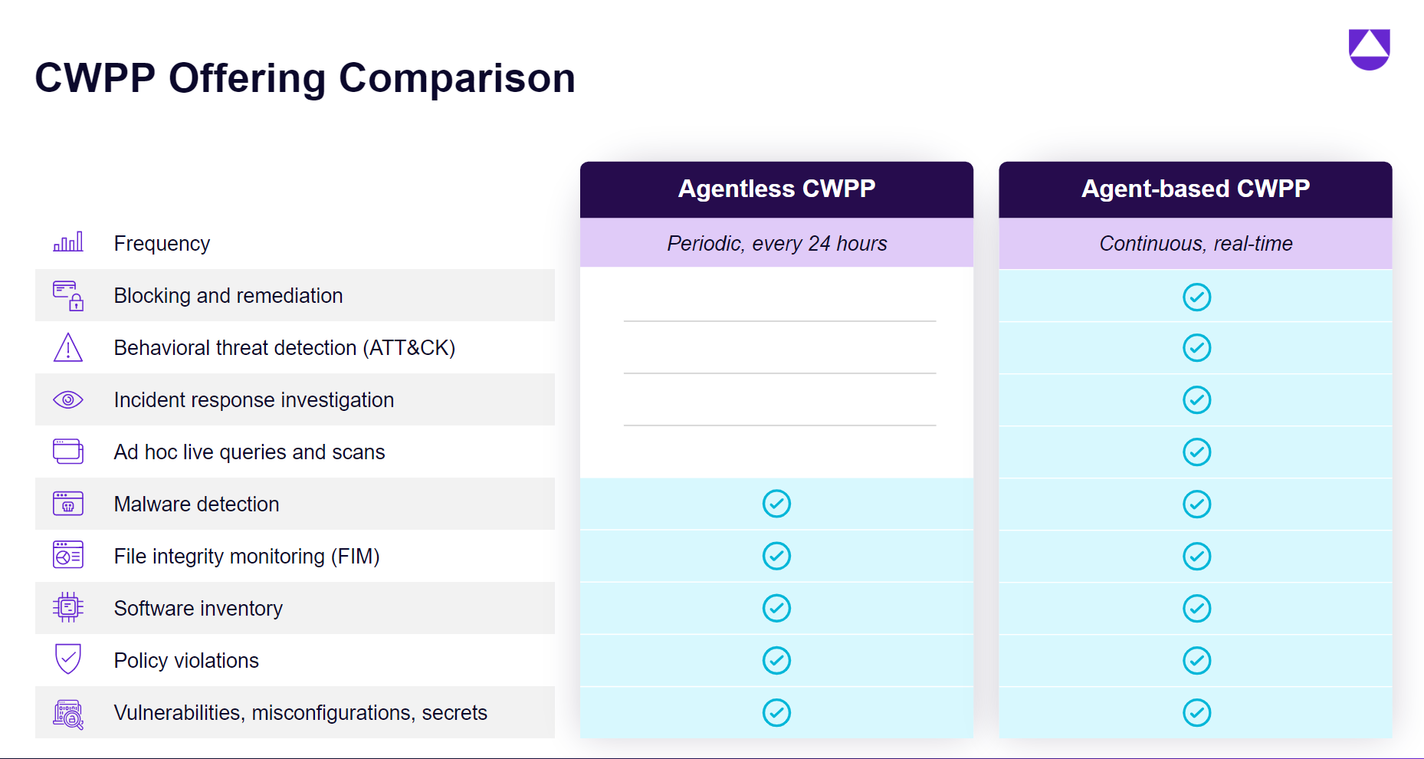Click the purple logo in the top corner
click(1369, 49)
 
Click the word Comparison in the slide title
click(457, 78)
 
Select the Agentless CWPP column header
click(776, 189)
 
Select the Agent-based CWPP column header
click(1195, 189)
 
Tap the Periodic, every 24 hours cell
click(776, 244)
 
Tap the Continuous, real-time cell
click(1195, 244)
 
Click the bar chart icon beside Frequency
click(68, 242)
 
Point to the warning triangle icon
click(68, 347)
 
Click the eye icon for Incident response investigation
click(68, 399)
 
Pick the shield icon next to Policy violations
click(68, 659)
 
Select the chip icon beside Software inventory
click(68, 607)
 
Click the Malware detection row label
click(196, 504)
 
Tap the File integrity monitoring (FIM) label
click(247, 557)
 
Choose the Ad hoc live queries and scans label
click(249, 452)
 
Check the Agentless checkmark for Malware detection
click(776, 504)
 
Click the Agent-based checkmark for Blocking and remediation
click(1196, 297)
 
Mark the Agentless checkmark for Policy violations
click(776, 660)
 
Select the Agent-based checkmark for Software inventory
click(1196, 608)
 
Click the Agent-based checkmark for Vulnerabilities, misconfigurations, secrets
click(1196, 712)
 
